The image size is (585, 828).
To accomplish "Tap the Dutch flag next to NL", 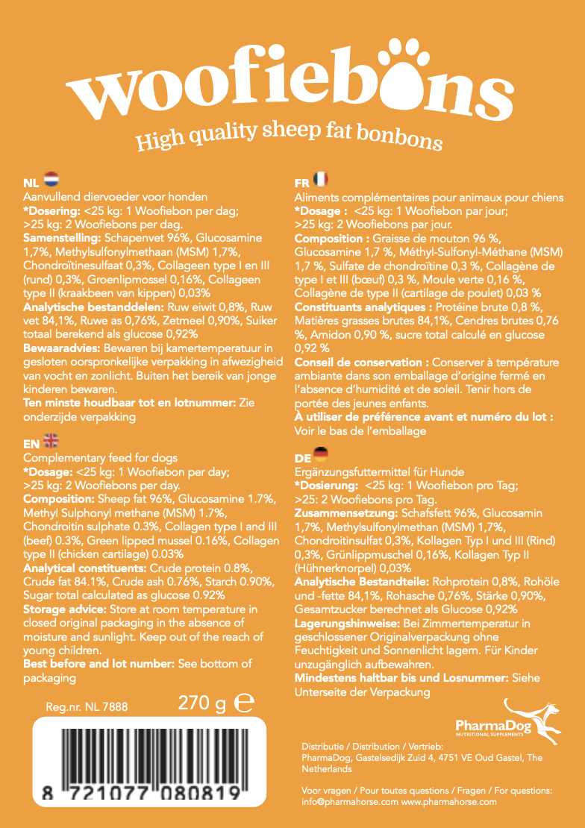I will coord(51,181).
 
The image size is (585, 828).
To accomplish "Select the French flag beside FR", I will coord(320,180).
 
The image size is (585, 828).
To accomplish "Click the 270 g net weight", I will coord(201,703).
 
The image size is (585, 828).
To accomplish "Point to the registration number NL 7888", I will coord(87,706).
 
